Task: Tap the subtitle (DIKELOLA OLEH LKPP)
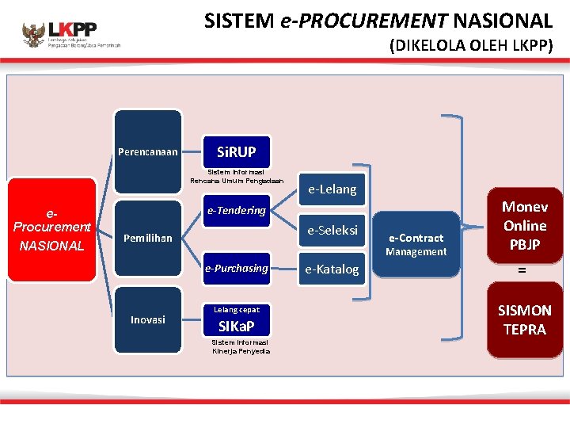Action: tap(470, 46)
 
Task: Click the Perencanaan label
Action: tap(148, 151)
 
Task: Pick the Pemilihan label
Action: tap(148, 238)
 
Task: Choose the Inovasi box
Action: tap(148, 319)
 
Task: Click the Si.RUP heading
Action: tap(236, 151)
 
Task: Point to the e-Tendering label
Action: tap(236, 210)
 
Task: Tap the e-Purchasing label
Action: tap(236, 268)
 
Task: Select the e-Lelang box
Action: tap(332, 189)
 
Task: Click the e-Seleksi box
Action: tap(332, 230)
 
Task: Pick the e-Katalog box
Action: tap(332, 269)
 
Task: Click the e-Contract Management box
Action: tap(416, 244)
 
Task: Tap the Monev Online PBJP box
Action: tap(525, 226)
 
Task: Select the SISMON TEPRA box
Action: tap(524, 319)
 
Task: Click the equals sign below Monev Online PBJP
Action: tap(522, 271)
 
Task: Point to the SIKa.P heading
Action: tap(236, 327)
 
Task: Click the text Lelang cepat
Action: tap(236, 309)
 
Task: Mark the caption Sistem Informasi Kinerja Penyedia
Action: tap(241, 346)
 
